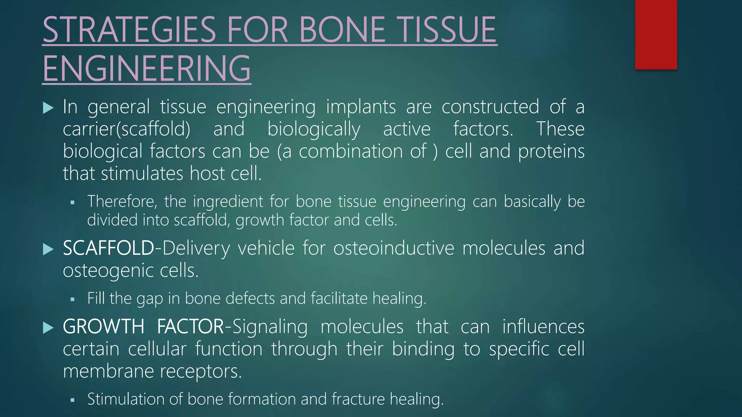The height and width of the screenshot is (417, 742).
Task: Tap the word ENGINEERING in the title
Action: coord(147,68)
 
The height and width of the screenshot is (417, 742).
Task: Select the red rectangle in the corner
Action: coord(656,34)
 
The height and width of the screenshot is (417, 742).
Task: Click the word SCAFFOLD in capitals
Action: coord(108,248)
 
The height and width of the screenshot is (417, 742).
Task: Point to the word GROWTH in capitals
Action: coord(104,327)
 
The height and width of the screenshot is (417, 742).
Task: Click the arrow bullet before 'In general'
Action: coord(48,108)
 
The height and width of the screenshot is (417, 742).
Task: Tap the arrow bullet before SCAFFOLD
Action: coord(48,249)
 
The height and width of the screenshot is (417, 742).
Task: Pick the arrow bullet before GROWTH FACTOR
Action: coord(48,328)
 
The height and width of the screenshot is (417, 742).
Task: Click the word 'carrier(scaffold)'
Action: coord(126,129)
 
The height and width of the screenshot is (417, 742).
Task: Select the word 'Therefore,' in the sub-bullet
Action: coord(122,202)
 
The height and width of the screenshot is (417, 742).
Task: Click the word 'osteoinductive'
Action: coord(393,248)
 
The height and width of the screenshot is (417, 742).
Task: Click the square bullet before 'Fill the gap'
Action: coord(72,299)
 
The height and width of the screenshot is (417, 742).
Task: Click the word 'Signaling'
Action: coord(270,327)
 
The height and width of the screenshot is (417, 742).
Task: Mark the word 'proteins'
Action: coord(551,151)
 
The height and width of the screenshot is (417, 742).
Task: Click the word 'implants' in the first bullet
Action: coord(361,107)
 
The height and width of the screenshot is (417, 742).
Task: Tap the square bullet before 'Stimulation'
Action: coord(72,400)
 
